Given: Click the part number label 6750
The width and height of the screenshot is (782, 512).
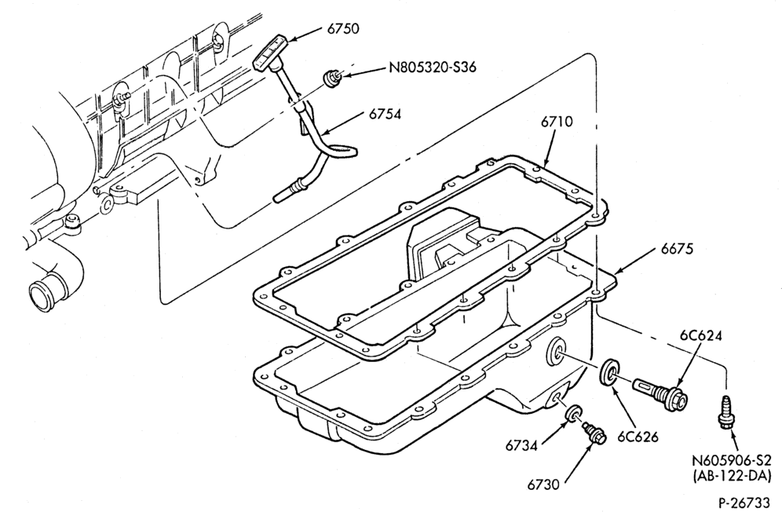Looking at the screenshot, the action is pyautogui.click(x=342, y=28).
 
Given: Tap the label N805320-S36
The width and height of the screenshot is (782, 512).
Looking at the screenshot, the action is pyautogui.click(x=433, y=67).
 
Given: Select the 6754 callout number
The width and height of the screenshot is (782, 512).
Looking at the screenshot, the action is pyautogui.click(x=385, y=114).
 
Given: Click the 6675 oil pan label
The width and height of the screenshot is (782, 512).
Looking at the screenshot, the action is pyautogui.click(x=678, y=248).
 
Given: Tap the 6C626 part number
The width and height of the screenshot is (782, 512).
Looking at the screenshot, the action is pyautogui.click(x=638, y=436).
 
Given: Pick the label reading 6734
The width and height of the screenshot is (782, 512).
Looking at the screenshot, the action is pyautogui.click(x=521, y=445).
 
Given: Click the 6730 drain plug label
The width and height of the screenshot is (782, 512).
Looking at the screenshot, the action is pyautogui.click(x=544, y=484).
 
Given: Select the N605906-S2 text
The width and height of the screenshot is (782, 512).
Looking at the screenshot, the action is pyautogui.click(x=732, y=461).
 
